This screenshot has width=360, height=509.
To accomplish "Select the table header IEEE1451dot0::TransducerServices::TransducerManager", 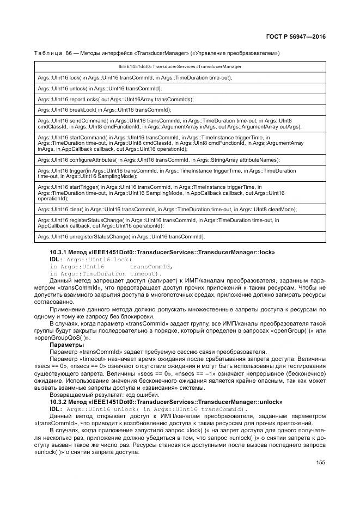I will click(x=180, y=66).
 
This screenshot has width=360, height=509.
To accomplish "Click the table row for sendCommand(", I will click(x=169, y=124).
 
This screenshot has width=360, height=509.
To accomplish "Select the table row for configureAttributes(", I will click(x=158, y=160).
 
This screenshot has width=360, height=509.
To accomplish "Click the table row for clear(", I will click(x=167, y=209).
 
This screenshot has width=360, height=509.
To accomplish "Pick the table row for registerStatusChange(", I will click(x=158, y=223).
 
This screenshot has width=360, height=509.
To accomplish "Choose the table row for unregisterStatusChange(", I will click(x=121, y=236).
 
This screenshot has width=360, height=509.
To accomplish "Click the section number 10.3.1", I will click(x=58, y=253).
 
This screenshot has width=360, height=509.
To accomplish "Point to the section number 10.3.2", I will click(x=58, y=402).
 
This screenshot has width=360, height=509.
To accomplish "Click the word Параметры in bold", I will click(x=66, y=345).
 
